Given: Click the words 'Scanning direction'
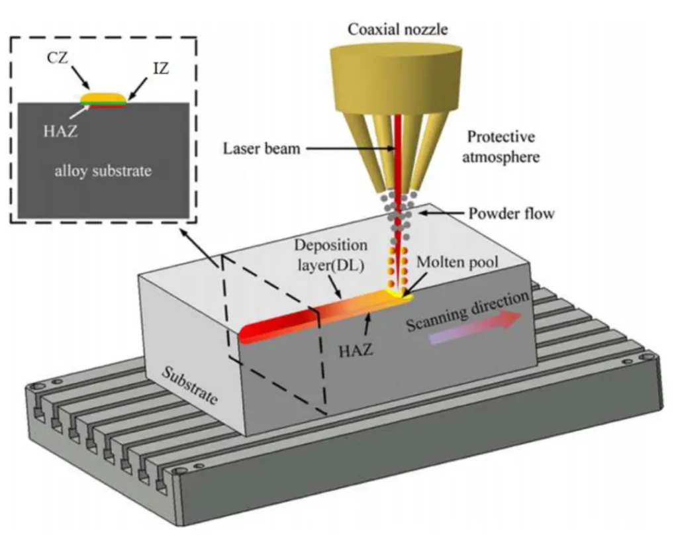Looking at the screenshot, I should point(467,311).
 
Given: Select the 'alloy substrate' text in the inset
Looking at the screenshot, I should point(103,171).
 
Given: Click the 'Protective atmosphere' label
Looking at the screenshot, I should point(501,148).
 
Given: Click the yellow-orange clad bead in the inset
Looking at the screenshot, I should point(103,98).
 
